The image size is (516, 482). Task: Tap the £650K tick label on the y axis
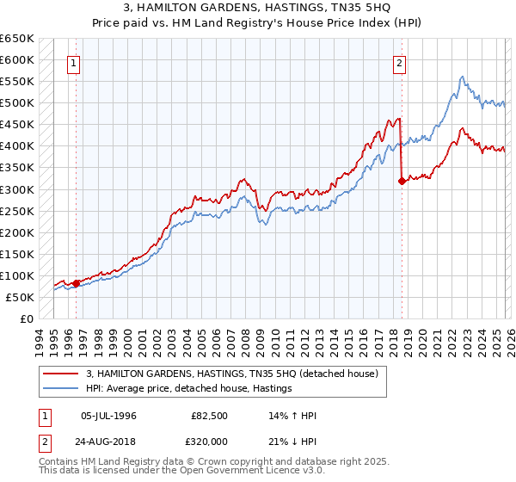(x=17, y=39)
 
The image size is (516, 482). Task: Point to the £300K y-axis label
(x=17, y=189)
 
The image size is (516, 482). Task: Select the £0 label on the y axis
(x=27, y=318)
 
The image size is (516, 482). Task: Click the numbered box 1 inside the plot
(x=74, y=63)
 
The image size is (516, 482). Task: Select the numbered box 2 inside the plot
(x=401, y=63)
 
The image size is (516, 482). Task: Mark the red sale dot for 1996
(x=76, y=282)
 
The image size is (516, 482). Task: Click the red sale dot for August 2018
(x=402, y=181)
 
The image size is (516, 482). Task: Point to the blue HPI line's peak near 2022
(x=462, y=77)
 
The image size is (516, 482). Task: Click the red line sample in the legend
(x=62, y=374)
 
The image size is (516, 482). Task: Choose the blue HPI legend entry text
(x=189, y=388)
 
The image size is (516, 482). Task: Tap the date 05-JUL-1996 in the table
(x=108, y=416)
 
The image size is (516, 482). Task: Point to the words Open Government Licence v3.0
(x=221, y=473)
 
